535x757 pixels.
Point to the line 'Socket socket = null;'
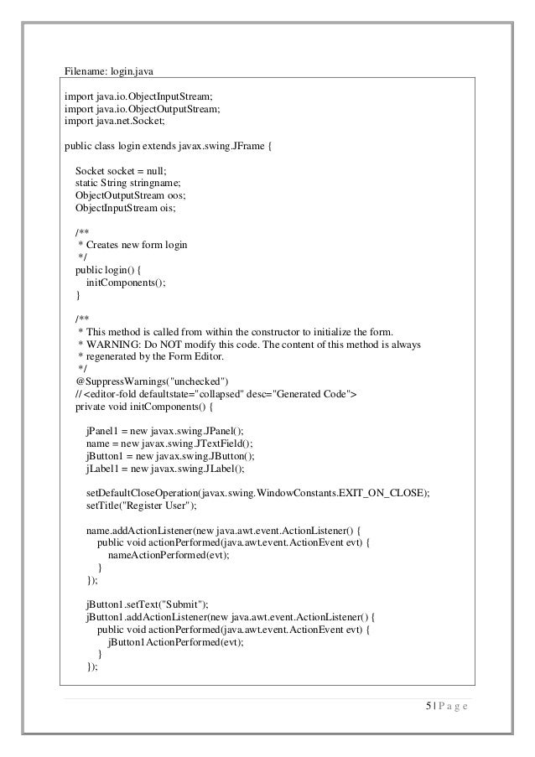(x=122, y=170)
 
